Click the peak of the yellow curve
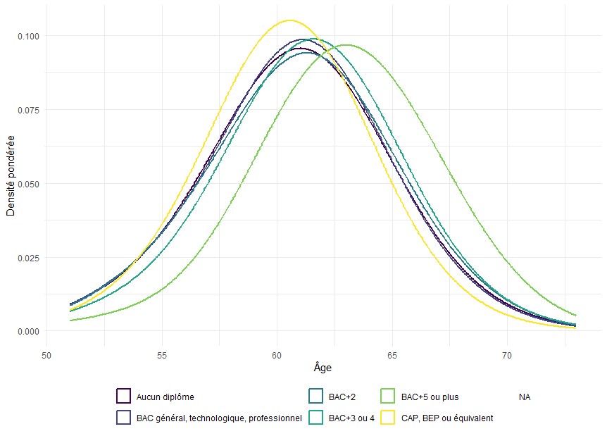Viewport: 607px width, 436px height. click(x=290, y=20)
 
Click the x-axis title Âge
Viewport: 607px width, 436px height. click(x=323, y=368)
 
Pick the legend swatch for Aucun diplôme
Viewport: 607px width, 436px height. click(x=124, y=397)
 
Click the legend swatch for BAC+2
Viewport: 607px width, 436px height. click(x=316, y=397)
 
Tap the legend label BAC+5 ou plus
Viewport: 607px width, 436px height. click(x=430, y=397)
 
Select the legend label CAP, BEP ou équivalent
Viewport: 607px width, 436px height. click(x=446, y=418)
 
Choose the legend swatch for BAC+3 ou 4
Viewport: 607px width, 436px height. click(x=316, y=418)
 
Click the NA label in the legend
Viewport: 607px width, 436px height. click(x=525, y=397)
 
